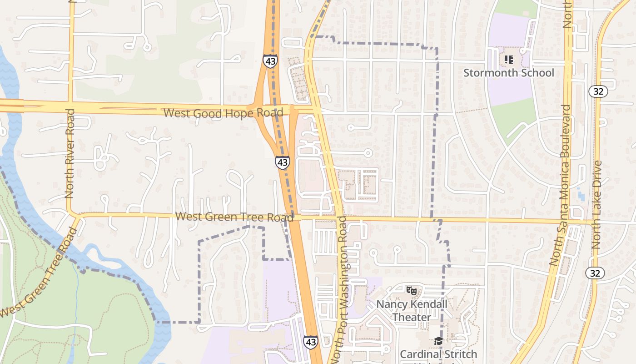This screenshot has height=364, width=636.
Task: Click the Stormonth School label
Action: tap(508, 73)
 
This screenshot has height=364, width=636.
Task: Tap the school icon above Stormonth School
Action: tap(508, 60)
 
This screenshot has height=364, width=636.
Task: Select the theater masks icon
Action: tap(412, 290)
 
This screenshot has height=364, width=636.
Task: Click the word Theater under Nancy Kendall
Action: tap(412, 317)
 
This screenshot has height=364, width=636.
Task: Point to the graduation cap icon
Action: tap(438, 341)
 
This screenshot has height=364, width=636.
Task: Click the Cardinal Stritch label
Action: tap(438, 354)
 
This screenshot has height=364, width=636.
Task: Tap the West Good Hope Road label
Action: tap(223, 112)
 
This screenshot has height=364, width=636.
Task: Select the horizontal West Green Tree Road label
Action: tap(234, 217)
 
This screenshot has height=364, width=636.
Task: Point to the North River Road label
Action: tap(70, 153)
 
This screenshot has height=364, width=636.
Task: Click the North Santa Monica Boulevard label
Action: tap(560, 185)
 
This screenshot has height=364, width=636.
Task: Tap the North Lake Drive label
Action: tap(597, 204)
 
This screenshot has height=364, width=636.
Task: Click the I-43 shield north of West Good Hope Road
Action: tap(270, 61)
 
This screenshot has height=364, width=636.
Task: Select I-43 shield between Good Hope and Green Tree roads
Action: tap(282, 162)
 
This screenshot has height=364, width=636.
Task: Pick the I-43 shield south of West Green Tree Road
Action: tap(311, 342)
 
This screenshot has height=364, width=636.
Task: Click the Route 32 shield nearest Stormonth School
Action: tap(598, 91)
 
